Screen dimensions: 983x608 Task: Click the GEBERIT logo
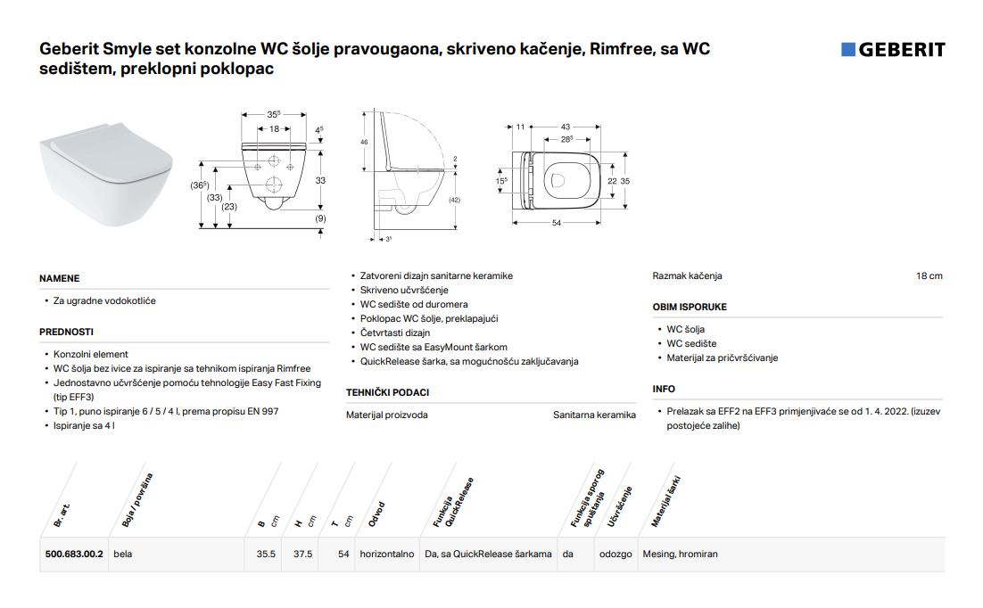[x=893, y=50]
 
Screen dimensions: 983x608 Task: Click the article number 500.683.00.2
[x=74, y=555]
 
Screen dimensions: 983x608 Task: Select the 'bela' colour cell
[x=123, y=555]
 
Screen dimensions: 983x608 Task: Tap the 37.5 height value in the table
[x=302, y=555]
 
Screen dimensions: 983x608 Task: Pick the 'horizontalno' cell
[x=387, y=555]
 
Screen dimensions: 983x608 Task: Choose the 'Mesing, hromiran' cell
[x=681, y=555]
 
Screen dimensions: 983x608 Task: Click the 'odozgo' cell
[x=615, y=555]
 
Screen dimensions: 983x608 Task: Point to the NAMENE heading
[x=60, y=278]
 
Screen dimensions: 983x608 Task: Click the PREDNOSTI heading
[x=66, y=333]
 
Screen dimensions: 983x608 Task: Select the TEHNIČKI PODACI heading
[x=387, y=392]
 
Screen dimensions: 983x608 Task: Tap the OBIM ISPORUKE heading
[x=690, y=308]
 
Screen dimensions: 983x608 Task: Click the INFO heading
[x=664, y=390]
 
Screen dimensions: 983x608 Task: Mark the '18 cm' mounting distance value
[x=929, y=275]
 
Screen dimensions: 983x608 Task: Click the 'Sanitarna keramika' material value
[x=594, y=415]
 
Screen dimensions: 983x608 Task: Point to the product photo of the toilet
[x=106, y=174]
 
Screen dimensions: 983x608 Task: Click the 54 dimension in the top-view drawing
[x=556, y=223]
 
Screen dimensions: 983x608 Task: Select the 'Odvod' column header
[x=376, y=514]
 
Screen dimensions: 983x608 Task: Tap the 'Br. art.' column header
[x=62, y=515]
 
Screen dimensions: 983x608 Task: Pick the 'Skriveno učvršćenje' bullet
[x=404, y=291]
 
